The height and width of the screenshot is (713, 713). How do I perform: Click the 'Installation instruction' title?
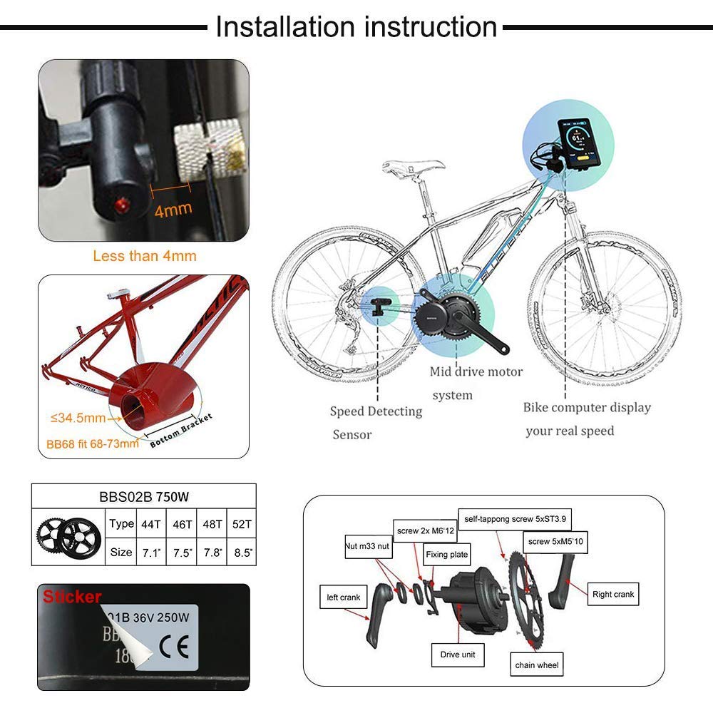tap(356, 27)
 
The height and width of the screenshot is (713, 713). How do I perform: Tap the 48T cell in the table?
tap(211, 523)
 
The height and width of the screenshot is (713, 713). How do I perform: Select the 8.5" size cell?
tap(240, 552)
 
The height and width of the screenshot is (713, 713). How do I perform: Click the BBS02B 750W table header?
tap(143, 496)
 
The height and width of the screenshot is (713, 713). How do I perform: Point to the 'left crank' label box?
tap(344, 597)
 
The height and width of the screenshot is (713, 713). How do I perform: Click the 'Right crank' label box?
tap(613, 594)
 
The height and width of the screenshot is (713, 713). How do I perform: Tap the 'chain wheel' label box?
tap(538, 665)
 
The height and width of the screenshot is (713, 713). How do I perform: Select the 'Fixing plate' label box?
tap(446, 554)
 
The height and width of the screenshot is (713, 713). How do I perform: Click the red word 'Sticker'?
tap(72, 597)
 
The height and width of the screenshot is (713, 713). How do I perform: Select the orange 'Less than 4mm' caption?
tap(145, 255)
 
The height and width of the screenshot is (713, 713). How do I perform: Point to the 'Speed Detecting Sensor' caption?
tap(375, 422)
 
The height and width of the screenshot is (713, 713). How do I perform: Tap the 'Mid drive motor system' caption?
tap(476, 383)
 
